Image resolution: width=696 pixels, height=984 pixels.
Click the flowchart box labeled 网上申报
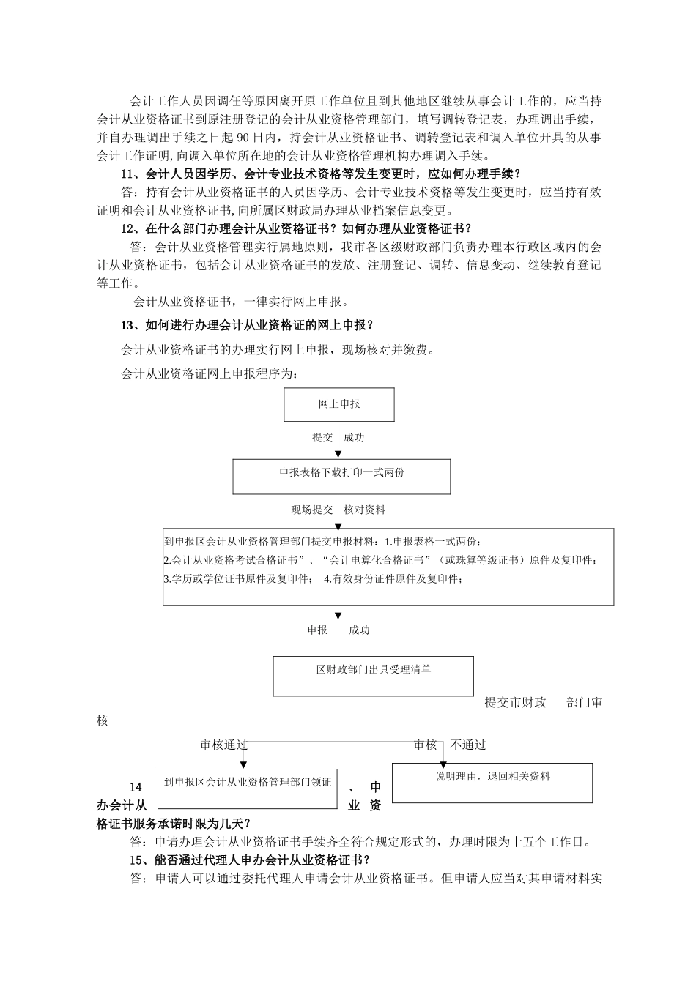(339, 404)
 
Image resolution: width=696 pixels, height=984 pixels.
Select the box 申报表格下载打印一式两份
(341, 476)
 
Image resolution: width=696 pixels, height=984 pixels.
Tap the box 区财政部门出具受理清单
(373, 675)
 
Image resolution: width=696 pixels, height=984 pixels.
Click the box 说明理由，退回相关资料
(492, 783)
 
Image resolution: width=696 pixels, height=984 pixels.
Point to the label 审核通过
(224, 745)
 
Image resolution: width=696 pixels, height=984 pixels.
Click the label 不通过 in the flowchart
(468, 745)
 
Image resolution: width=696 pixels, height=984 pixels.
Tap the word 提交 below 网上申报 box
(322, 438)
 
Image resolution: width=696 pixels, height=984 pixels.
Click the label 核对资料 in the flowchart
(365, 510)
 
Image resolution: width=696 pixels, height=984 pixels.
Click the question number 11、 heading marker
(130, 174)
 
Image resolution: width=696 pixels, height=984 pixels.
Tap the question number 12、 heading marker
(130, 228)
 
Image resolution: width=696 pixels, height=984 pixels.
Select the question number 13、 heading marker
(130, 325)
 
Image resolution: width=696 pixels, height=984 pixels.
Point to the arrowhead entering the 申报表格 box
(338, 455)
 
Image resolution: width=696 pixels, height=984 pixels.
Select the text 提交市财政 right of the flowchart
(516, 703)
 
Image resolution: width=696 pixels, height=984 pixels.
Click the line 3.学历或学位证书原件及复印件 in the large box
(237, 579)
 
